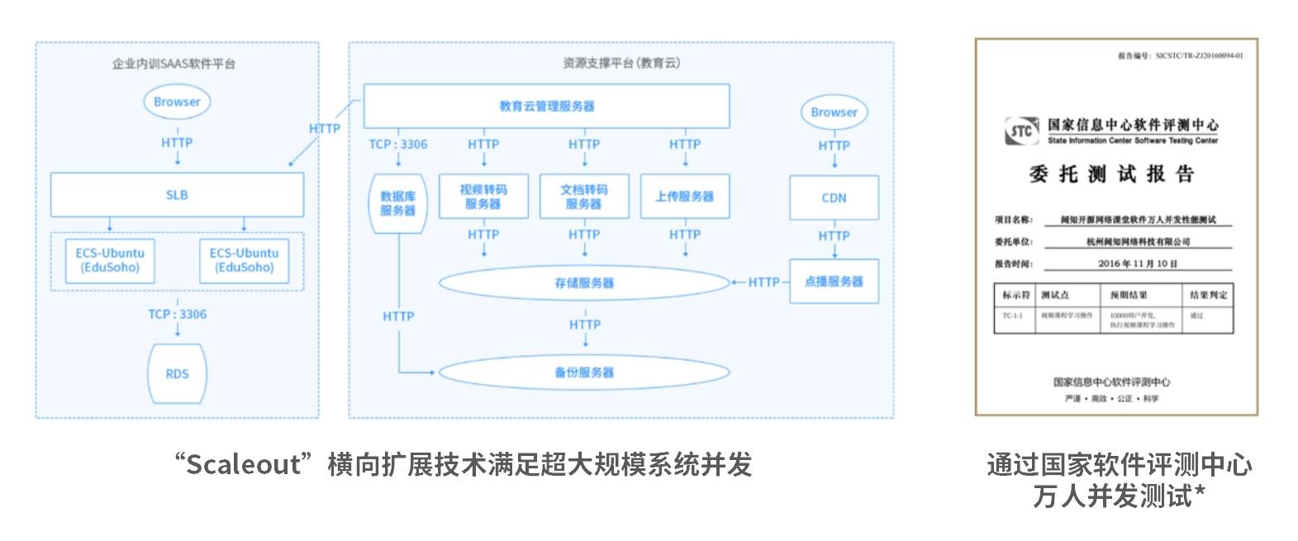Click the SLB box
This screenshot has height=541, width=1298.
[x=177, y=195]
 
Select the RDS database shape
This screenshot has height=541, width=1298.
[x=177, y=373]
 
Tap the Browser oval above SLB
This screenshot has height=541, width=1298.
[x=177, y=102]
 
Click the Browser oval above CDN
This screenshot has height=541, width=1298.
[x=834, y=112]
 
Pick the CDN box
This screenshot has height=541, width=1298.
[x=834, y=197]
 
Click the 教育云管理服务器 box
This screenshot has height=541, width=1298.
[x=546, y=106]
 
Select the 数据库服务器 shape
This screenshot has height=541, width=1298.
[x=397, y=203]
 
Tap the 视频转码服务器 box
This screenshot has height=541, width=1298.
[x=483, y=197]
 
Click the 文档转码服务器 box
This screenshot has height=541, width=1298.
[x=584, y=197]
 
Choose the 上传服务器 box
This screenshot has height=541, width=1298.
[x=685, y=197]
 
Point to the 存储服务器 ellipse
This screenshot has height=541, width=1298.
[x=584, y=282]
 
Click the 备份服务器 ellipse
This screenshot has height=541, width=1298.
[x=584, y=373]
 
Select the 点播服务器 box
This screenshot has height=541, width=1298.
[x=834, y=282]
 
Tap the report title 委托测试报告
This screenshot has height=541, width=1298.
[x=1111, y=174]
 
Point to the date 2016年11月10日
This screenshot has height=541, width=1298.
[x=1137, y=263]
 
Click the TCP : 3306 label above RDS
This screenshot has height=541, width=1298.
[x=177, y=314]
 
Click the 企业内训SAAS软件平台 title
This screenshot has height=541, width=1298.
[x=174, y=64]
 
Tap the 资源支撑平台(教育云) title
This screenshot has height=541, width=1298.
[x=621, y=63]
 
